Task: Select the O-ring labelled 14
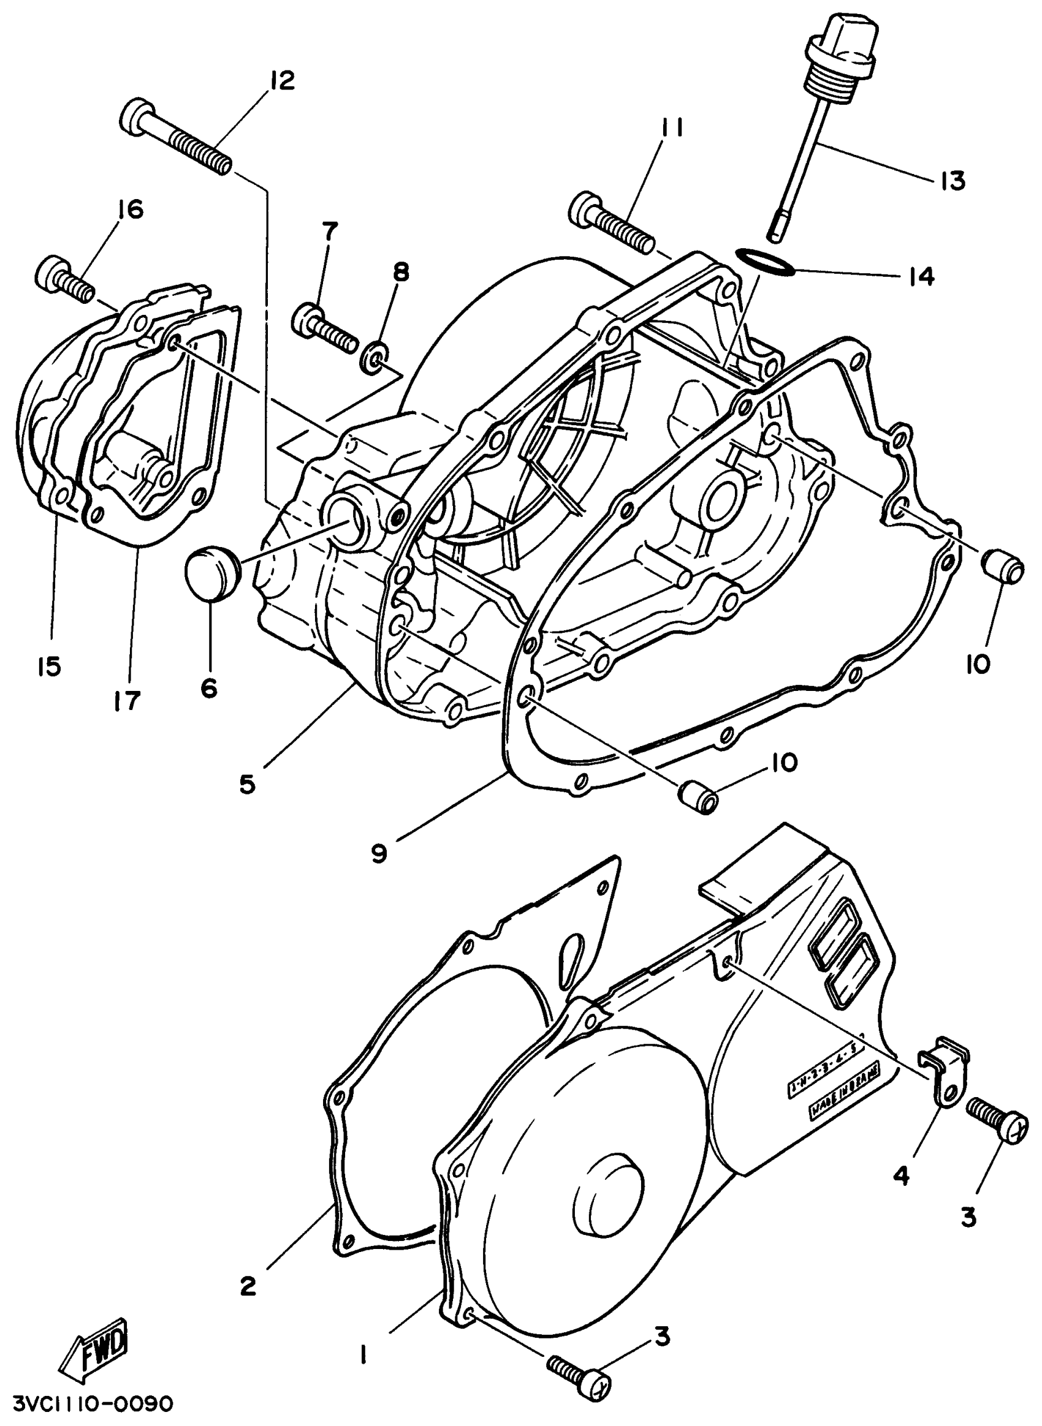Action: tap(765, 262)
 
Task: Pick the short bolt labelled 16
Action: tap(65, 280)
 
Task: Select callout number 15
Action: tap(48, 666)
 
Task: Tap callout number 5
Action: tap(247, 784)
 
